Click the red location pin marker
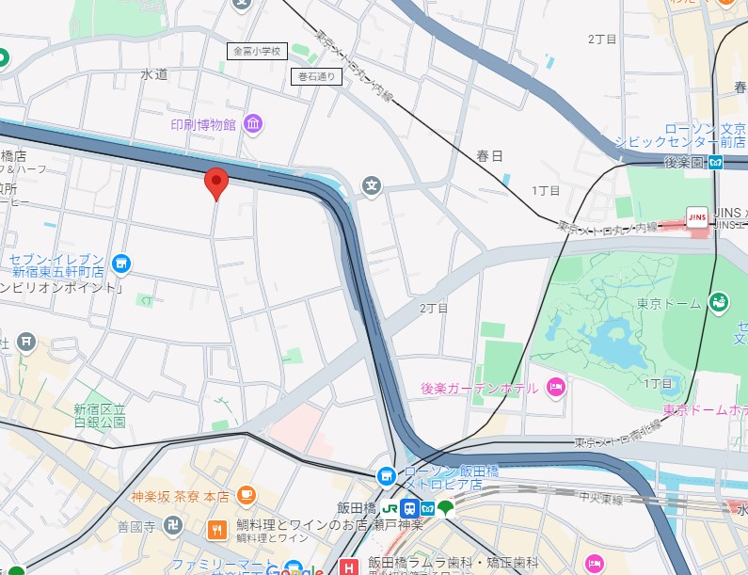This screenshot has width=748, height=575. [x=216, y=183]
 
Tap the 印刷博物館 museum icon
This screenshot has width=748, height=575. [x=252, y=124]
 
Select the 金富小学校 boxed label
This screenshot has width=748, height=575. [x=257, y=52]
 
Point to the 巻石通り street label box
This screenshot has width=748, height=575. [x=316, y=77]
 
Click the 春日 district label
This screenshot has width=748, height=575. [x=489, y=154]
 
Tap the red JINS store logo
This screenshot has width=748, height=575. [x=697, y=216]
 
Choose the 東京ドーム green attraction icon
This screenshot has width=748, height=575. [x=718, y=301]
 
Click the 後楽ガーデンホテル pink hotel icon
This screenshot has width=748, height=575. [x=555, y=387]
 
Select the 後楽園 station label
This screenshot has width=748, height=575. [x=685, y=162]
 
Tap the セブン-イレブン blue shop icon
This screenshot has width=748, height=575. [x=120, y=264]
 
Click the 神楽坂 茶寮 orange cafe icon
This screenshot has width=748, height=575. [x=246, y=494]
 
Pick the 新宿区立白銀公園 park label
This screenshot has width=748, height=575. [x=100, y=416]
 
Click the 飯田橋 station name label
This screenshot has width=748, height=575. [x=356, y=508]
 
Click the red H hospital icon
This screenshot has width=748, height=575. [x=349, y=567]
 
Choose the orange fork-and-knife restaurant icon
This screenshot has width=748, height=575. [x=217, y=530]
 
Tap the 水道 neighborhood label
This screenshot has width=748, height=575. [x=153, y=73]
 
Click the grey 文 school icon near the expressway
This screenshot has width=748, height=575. [x=373, y=184]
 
